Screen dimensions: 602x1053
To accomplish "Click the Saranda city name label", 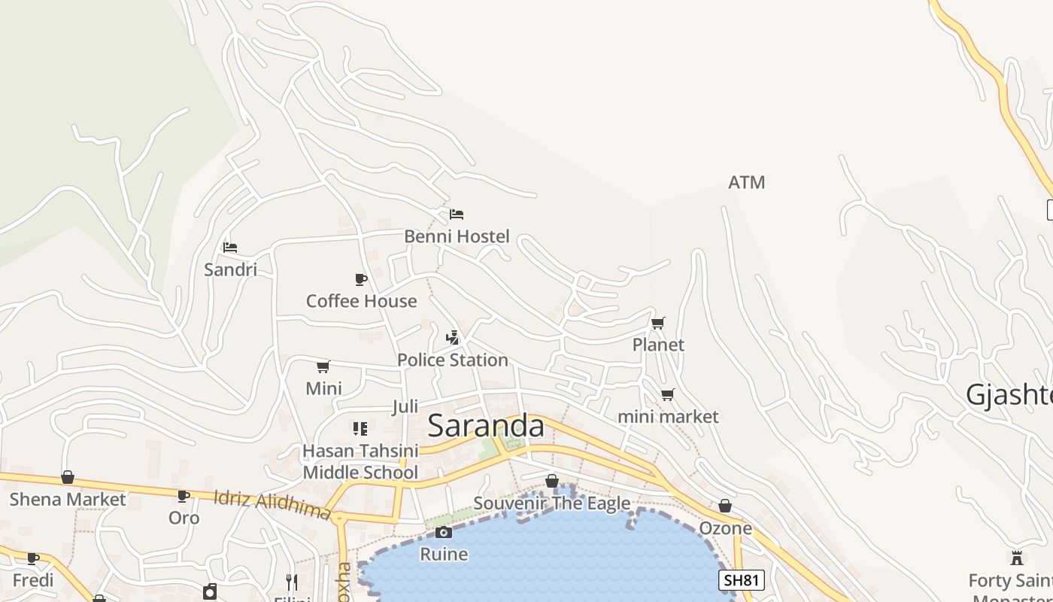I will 486,426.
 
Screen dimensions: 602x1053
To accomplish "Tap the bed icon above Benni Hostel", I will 456,214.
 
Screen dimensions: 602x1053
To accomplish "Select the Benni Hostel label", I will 457,236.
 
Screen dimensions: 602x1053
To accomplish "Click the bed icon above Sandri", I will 230,247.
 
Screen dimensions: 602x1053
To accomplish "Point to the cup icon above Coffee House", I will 361,279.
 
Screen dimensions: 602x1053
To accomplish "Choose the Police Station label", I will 453,360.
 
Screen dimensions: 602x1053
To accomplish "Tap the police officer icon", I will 452,337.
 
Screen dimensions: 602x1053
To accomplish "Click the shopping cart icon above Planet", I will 658,323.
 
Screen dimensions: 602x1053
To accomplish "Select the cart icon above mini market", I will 667,394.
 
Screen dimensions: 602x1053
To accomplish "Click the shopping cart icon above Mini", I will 323,366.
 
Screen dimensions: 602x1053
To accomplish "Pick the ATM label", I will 747,182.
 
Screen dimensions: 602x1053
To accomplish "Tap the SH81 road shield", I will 742,580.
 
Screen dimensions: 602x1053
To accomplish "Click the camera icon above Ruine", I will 444,533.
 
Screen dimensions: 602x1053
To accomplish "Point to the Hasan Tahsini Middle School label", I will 360,461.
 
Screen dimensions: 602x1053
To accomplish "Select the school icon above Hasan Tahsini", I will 360,429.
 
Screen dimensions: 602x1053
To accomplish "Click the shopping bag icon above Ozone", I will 725,506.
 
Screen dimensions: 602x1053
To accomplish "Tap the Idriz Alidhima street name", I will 272,504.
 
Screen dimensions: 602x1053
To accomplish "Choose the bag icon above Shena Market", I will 68,477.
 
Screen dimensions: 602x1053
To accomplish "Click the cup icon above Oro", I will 184,496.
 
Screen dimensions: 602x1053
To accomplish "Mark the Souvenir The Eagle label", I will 552,503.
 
